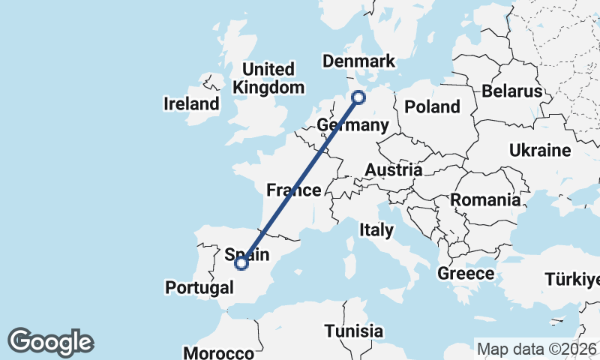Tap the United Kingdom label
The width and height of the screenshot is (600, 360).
click(x=268, y=78)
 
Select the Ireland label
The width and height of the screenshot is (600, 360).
click(x=192, y=103)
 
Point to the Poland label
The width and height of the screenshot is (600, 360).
click(x=432, y=106)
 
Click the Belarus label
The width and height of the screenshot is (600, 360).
click(x=512, y=91)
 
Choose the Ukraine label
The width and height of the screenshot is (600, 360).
click(x=540, y=151)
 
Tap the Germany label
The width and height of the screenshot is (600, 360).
click(x=352, y=124)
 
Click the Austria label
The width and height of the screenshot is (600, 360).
click(x=393, y=170)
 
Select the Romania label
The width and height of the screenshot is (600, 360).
click(x=485, y=200)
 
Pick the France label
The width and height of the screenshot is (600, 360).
click(x=294, y=190)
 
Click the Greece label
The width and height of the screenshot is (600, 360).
click(x=465, y=274)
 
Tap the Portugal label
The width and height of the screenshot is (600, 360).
click(x=199, y=287)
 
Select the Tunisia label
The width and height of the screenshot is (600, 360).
click(x=354, y=331)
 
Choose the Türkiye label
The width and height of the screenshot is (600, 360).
click(x=573, y=280)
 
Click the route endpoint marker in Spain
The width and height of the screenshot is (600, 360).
click(x=241, y=263)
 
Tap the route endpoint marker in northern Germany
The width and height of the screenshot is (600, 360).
click(x=358, y=97)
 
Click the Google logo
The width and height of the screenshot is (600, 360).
click(x=50, y=342)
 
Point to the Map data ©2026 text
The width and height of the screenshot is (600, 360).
click(x=537, y=349)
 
